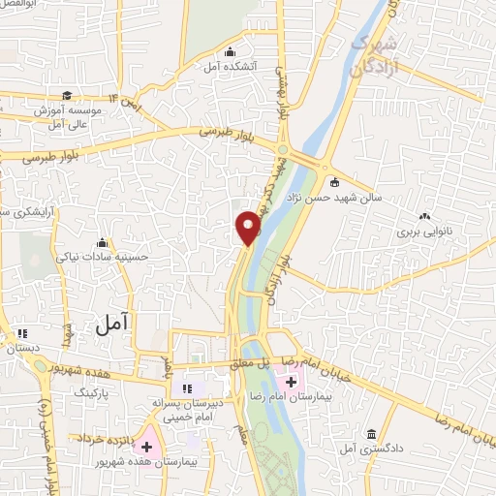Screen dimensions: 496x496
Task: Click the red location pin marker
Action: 249,228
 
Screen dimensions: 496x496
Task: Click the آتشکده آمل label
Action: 229,68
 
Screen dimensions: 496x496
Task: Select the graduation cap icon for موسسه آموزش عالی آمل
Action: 67,95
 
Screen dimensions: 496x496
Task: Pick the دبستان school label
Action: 21,346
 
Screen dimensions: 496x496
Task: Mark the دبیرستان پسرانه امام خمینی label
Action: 188,407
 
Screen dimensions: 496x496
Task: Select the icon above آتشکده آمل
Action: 229,52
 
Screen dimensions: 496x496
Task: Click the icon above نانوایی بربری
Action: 422,216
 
